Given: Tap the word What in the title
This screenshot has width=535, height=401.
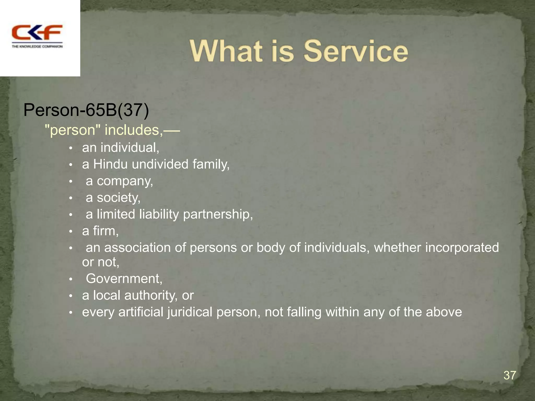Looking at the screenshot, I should click(x=226, y=51).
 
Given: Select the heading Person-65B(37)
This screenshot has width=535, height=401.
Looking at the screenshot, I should click(x=86, y=110).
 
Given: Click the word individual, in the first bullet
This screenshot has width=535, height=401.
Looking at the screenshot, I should click(x=130, y=148).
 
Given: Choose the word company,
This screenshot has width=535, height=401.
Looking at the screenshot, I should click(x=125, y=181).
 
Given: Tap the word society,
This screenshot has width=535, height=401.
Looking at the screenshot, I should click(x=119, y=198).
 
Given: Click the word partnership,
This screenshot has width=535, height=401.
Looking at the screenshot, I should click(x=218, y=215).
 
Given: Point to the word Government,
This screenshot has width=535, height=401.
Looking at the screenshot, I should click(x=124, y=279).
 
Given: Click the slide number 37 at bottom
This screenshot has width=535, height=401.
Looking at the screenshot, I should click(x=510, y=375).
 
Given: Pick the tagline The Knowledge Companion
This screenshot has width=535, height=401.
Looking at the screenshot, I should click(x=37, y=46).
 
